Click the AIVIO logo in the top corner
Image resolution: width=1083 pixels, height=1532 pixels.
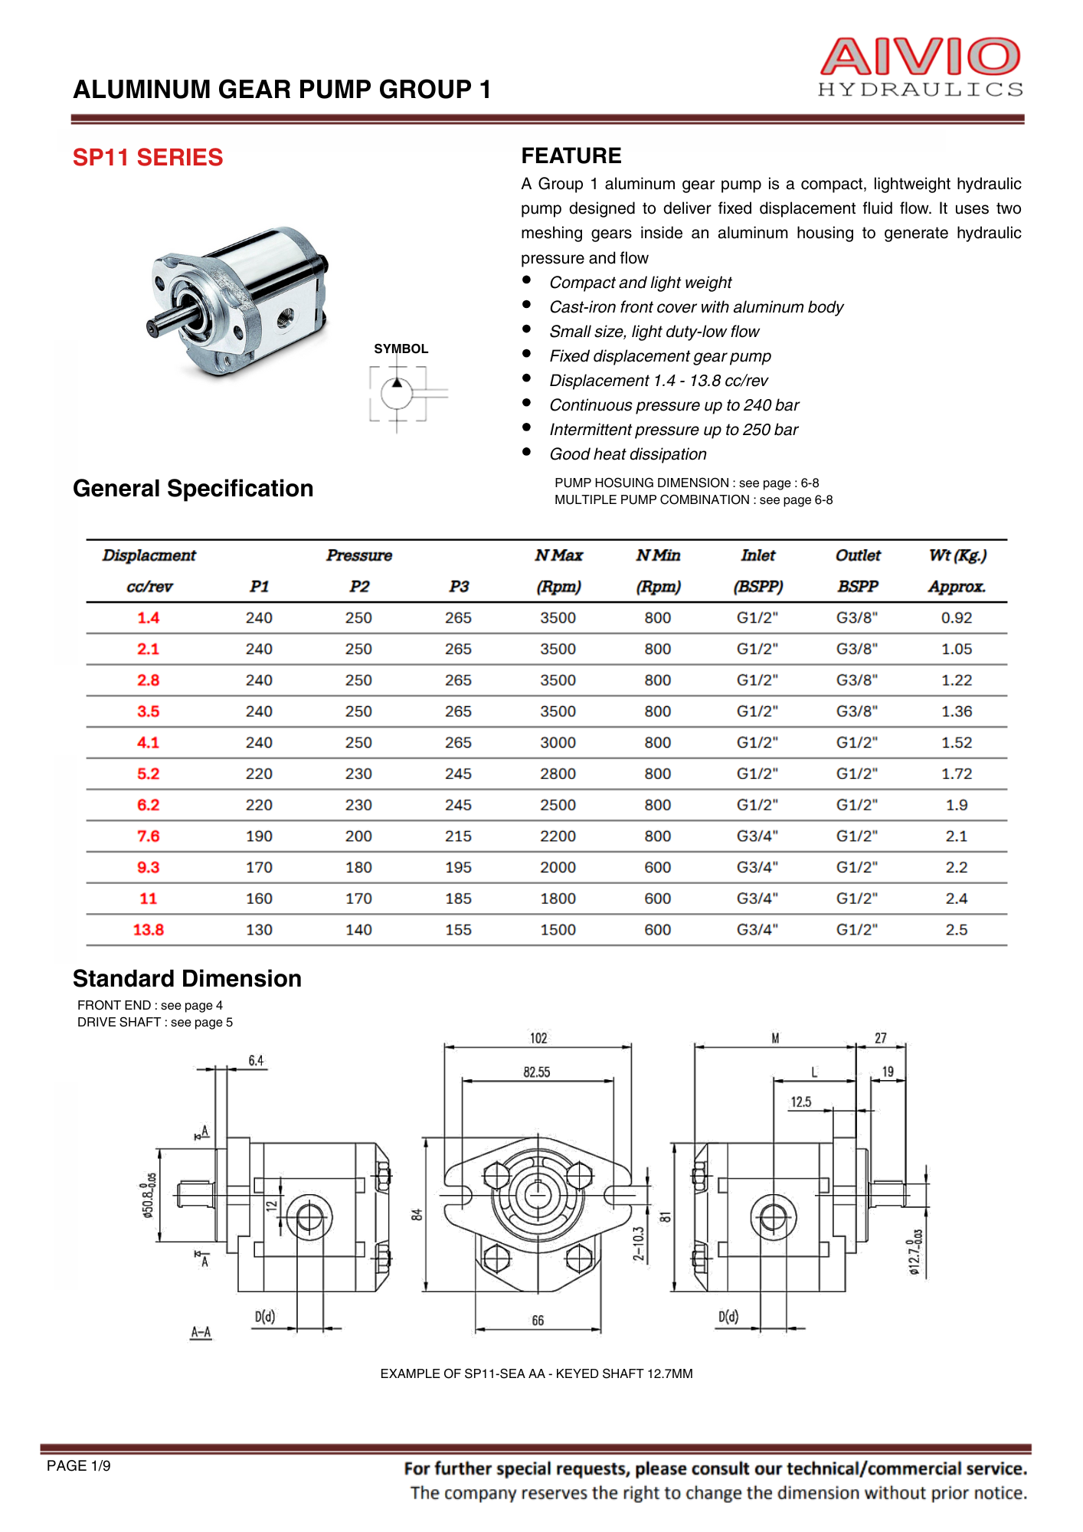point(920,67)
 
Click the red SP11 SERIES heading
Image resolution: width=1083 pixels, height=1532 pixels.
point(148,158)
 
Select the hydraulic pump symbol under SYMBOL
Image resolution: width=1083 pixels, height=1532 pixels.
point(398,394)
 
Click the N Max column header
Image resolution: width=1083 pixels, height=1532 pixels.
point(558,555)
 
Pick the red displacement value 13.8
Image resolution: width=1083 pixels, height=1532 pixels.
point(148,930)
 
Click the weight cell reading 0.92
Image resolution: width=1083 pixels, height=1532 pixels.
point(956,618)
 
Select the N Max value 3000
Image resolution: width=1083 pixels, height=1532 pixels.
point(558,743)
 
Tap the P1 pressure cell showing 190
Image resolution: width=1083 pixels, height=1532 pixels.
point(259,836)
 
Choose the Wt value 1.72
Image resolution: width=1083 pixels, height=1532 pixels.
point(956,774)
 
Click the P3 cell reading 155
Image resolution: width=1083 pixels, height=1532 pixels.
point(458,930)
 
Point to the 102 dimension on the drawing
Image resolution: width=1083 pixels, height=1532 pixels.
point(538,1039)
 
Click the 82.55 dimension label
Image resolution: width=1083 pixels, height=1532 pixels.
point(537,1072)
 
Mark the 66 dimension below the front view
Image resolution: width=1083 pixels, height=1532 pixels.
point(538,1321)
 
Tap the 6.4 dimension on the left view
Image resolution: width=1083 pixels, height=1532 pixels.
point(256,1061)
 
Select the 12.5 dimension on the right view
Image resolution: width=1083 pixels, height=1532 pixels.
point(800,1102)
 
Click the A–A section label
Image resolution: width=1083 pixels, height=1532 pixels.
point(201,1332)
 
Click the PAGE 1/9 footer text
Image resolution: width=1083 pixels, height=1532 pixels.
point(79,1466)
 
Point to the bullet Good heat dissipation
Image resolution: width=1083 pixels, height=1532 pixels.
point(628,454)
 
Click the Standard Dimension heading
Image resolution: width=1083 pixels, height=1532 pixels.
point(187,979)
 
